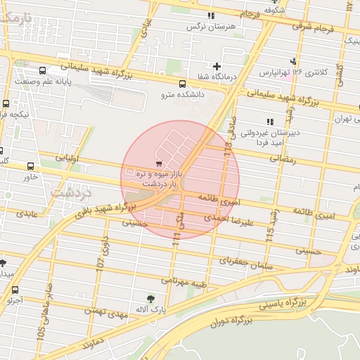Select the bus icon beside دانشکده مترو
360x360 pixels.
pyautogui.click(x=183, y=82)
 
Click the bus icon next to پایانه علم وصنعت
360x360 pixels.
pyautogui.click(x=44, y=71)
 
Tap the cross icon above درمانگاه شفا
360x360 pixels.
pyautogui.click(x=217, y=67)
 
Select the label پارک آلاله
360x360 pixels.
pyautogui.click(x=148, y=309)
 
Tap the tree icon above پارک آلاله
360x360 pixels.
pyautogui.click(x=148, y=298)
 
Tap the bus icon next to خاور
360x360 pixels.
pyautogui.click(x=30, y=167)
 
